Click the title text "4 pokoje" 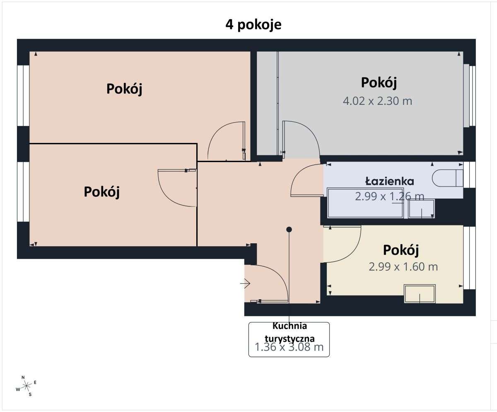pos(253,24)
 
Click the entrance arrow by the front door pos(245,284)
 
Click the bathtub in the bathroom pos(365,203)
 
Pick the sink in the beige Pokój pos(420,293)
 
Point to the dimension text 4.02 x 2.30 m pos(377,101)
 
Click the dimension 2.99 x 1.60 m pos(403,267)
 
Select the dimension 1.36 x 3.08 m pos(289,347)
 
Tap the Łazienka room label pos(389,181)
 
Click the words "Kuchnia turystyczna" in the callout pos(289,332)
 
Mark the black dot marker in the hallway pos(289,229)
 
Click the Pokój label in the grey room pos(379,82)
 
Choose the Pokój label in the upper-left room pos(124,89)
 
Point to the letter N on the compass pos(23,377)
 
